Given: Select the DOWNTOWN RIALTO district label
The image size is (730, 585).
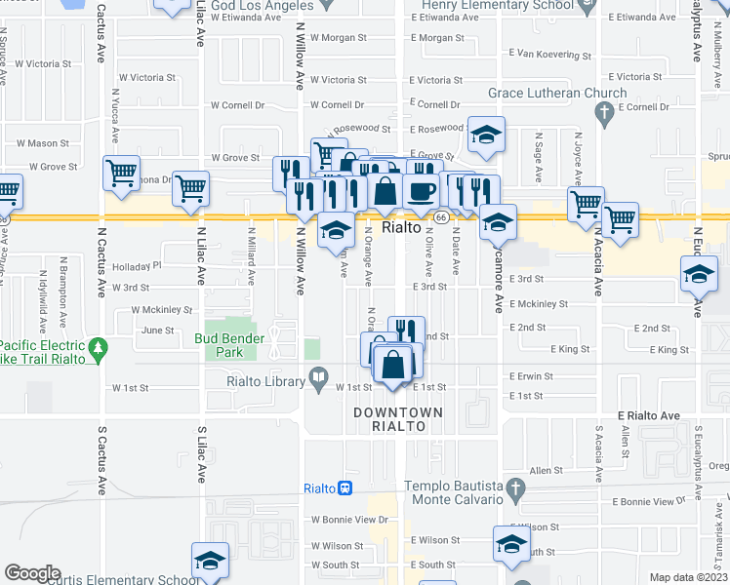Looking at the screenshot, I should click(397, 419).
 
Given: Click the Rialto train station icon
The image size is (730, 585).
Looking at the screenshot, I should click(345, 488).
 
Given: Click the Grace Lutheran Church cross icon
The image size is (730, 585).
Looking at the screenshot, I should click(605, 114).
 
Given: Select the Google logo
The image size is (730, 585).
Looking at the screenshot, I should click(33, 573).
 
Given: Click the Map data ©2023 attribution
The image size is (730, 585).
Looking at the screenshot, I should click(688, 577).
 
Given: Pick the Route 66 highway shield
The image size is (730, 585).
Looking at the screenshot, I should click(441, 216).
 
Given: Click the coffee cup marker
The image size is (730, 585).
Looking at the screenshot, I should click(421, 192).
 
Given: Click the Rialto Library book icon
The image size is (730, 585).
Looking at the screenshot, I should click(319, 377).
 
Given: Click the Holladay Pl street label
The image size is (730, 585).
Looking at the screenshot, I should click(136, 265).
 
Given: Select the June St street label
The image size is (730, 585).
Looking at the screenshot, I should click(157, 331).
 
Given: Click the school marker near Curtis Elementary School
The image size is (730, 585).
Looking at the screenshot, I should click(210, 561).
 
